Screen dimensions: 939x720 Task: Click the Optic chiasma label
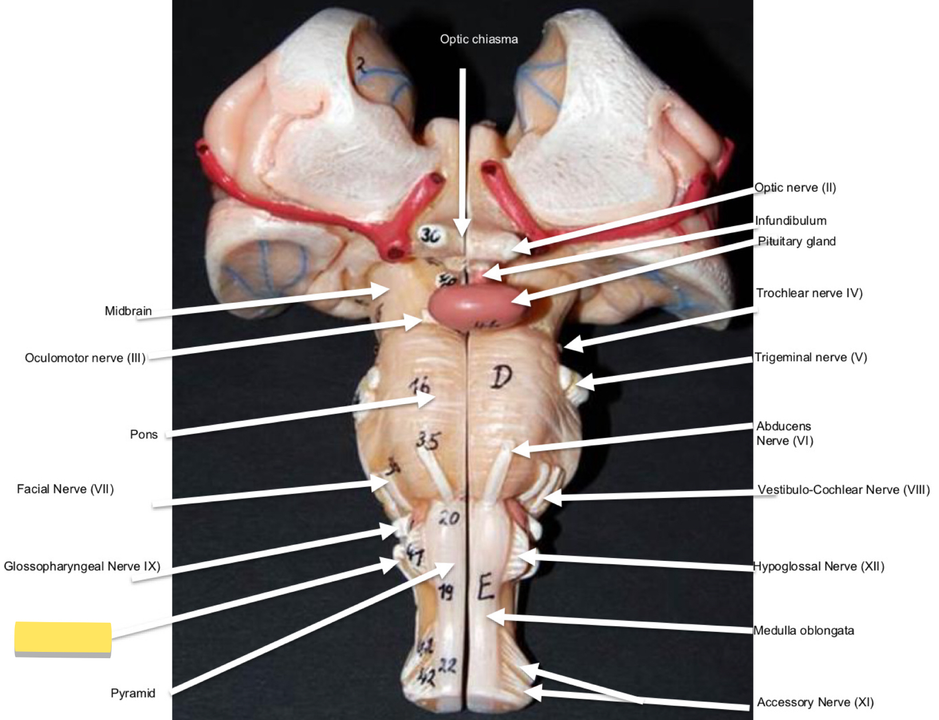479,39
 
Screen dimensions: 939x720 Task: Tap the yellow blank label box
63,638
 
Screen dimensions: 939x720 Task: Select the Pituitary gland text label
796,242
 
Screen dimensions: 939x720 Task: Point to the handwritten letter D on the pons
502,377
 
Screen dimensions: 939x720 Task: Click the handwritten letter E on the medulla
486,587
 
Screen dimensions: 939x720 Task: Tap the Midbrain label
128,311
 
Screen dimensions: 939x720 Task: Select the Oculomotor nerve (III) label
85,358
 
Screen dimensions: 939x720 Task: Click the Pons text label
144,434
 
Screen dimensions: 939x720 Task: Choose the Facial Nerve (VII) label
65,489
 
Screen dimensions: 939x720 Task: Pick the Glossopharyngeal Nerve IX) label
82,567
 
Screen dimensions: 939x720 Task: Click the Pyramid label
133,693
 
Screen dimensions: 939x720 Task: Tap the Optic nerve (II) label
795,188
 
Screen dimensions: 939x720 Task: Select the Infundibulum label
791,221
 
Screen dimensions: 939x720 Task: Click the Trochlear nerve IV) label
809,293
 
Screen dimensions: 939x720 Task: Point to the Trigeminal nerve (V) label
811,358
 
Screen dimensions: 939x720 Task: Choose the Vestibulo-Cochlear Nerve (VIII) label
843,490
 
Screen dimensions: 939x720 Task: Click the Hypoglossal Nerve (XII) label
819,567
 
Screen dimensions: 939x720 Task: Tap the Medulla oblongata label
804,631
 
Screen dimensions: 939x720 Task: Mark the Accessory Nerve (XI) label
815,702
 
